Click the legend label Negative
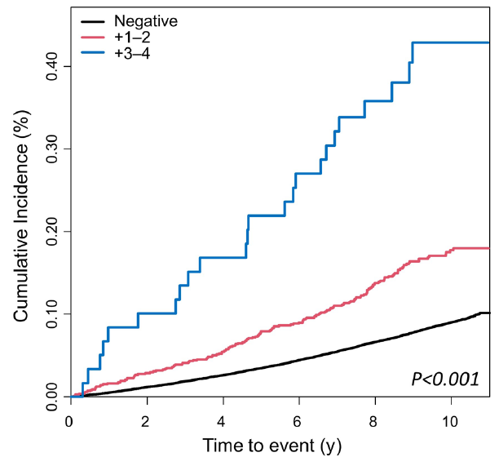click(146, 21)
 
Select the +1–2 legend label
click(132, 38)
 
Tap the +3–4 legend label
click(132, 54)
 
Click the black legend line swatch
click(93, 21)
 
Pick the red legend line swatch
click(93, 38)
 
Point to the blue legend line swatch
click(93, 54)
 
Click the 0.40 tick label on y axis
click(52, 66)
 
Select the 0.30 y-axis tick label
click(52, 149)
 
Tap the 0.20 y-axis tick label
click(52, 231)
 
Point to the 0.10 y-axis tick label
click(52, 314)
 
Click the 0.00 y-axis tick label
click(52, 397)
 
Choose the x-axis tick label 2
click(145, 421)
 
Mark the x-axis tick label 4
click(221, 421)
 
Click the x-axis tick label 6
click(297, 421)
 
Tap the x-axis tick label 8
click(373, 421)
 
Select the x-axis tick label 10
click(449, 421)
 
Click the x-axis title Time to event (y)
click(272, 446)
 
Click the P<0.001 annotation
click(445, 379)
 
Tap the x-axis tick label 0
click(69, 421)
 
